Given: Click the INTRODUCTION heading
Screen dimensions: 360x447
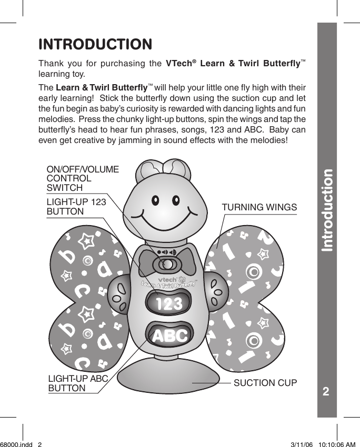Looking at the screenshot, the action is coord(95,44).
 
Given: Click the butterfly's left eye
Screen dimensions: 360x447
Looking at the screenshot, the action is coord(156,200).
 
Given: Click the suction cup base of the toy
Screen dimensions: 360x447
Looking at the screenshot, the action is coord(168,380).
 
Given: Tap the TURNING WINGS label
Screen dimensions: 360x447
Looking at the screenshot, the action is coord(259,207).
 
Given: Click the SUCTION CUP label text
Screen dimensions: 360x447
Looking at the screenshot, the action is coord(265,382).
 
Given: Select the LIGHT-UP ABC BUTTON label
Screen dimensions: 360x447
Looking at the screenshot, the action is coord(78,383).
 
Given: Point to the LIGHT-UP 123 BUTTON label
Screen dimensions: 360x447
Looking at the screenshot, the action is coord(76,207).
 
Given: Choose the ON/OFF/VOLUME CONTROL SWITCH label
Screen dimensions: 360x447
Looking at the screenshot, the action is coord(83,178).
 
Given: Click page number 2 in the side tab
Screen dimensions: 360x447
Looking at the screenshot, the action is coord(326,392).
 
